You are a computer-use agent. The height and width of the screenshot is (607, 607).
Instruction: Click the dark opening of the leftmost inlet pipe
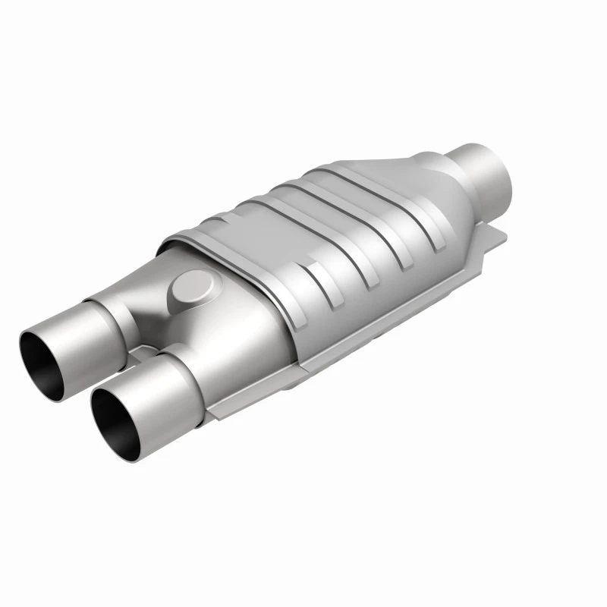click(47, 353)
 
